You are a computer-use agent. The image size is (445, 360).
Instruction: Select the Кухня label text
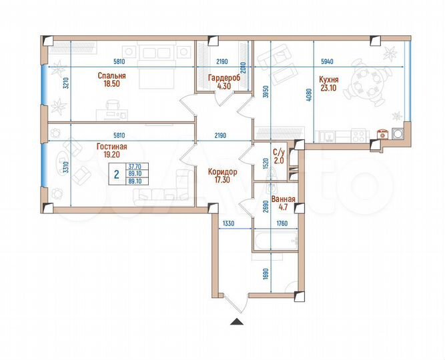[x=330, y=76]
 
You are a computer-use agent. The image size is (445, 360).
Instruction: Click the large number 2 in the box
[x=116, y=175]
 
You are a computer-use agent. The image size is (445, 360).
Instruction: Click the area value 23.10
[x=330, y=86]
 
